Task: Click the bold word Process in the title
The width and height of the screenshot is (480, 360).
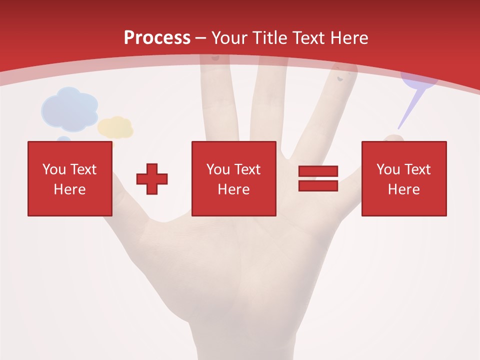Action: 157,38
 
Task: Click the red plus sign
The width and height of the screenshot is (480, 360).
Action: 152,178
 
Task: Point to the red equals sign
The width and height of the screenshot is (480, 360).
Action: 318,178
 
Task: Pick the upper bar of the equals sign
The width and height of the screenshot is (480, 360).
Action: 318,171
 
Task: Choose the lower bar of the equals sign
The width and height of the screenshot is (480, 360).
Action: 318,185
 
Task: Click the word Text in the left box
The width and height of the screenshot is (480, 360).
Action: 83,169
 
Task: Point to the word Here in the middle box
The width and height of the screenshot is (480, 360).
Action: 233,189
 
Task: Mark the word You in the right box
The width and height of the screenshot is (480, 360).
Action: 388,169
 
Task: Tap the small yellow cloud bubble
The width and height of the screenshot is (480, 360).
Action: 115,127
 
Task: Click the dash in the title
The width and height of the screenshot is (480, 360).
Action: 200,38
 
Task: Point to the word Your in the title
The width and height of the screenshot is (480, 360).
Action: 228,38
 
